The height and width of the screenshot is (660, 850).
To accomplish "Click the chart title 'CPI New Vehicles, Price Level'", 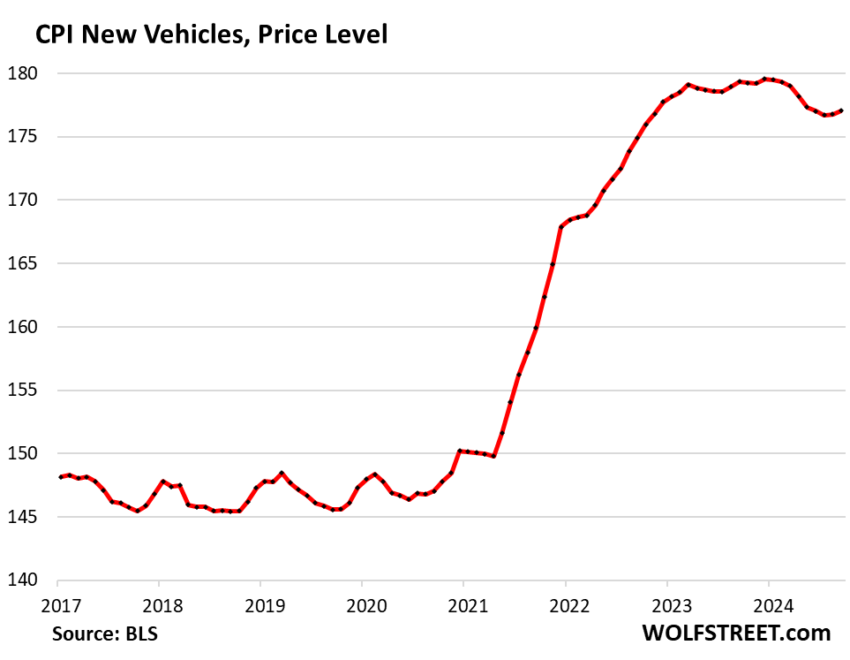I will [211, 35].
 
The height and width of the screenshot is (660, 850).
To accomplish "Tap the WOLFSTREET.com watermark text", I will [735, 633].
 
